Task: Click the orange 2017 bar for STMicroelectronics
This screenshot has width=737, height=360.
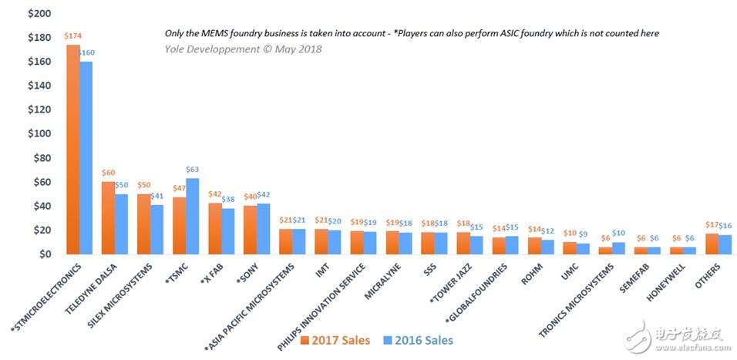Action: (x=73, y=150)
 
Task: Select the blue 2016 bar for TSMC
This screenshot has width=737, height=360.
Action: (x=192, y=216)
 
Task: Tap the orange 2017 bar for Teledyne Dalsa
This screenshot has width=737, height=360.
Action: (x=109, y=218)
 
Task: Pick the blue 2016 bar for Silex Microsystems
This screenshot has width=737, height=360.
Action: (x=157, y=230)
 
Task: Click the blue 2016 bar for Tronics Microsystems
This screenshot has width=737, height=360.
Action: (x=618, y=248)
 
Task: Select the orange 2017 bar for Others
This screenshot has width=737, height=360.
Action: (x=712, y=244)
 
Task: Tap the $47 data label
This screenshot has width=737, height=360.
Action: (x=179, y=187)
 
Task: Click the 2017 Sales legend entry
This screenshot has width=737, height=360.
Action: (x=335, y=340)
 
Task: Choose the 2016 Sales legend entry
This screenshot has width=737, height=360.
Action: (x=419, y=340)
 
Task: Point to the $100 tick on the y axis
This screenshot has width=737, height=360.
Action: (x=40, y=134)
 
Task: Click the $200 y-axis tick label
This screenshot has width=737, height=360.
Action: (x=40, y=14)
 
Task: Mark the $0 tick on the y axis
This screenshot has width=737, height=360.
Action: (x=45, y=254)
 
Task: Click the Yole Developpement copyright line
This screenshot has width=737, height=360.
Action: (x=243, y=49)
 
